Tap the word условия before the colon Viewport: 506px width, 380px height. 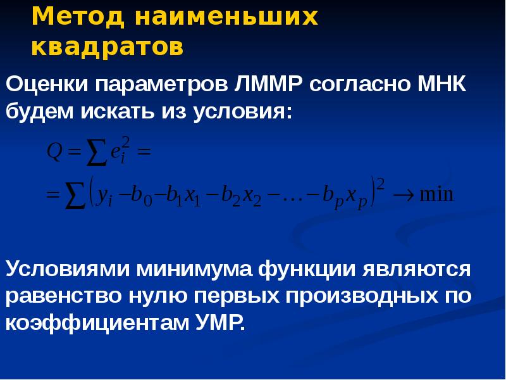244,113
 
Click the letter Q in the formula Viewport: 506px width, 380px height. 53,152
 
